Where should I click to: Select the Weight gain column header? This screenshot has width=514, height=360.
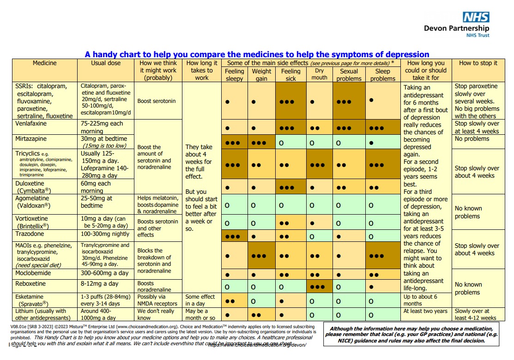tap(261, 75)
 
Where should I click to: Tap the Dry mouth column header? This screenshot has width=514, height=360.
tap(319, 74)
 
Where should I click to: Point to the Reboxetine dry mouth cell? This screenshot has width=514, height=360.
tap(319, 287)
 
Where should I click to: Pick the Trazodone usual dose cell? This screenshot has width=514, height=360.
tap(105, 234)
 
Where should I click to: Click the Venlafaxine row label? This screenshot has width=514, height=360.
tap(31, 124)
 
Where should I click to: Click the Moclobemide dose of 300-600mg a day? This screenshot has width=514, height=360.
tap(104, 273)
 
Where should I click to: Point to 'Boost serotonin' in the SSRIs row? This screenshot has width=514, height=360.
tap(157, 101)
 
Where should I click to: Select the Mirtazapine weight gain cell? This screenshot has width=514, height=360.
tap(261, 143)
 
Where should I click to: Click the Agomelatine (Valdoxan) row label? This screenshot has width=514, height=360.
tap(33, 202)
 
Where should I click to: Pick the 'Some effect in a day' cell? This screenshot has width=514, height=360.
tap(200, 300)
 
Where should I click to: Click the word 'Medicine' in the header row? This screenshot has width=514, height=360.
tap(45, 63)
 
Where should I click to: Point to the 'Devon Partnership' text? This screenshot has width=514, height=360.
tap(456, 29)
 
